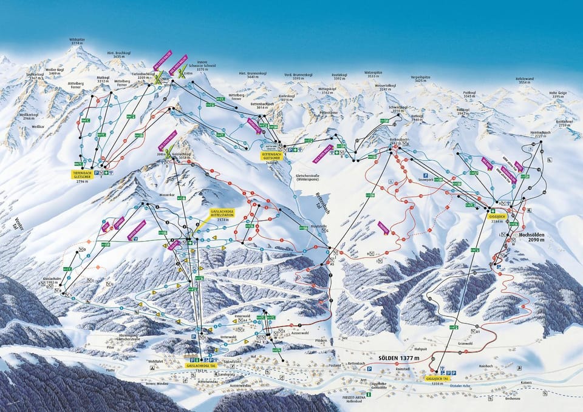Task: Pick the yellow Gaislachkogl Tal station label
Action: click(200, 366)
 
